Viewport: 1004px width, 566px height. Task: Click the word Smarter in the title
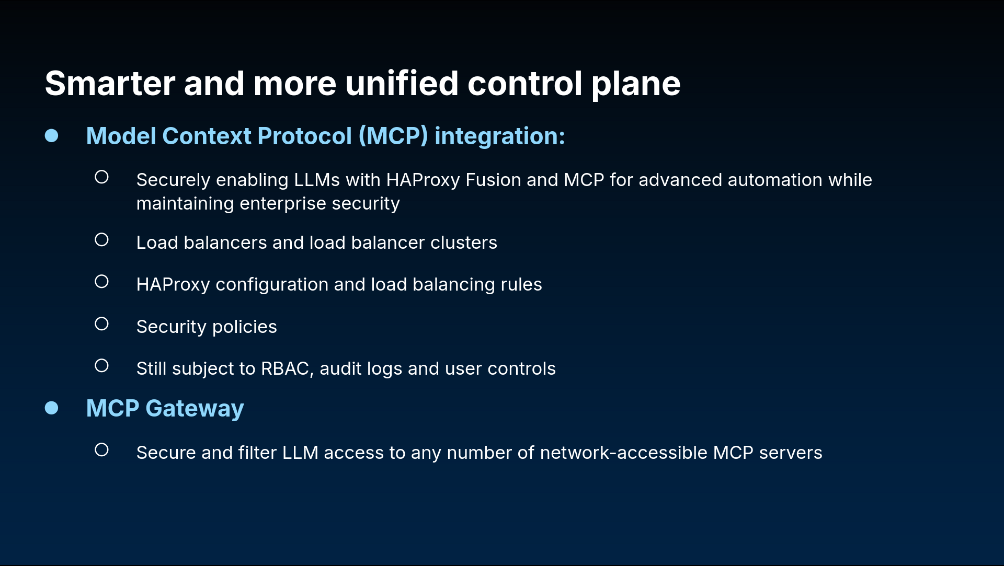pos(110,84)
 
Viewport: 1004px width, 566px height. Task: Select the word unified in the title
pos(402,84)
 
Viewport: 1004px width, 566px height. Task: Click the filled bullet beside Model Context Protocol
pos(51,135)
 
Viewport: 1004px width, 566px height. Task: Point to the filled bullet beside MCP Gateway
pos(51,408)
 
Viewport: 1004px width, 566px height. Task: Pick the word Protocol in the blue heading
pos(304,136)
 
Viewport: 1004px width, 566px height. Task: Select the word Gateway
pos(195,409)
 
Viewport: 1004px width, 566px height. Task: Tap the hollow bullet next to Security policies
pos(101,324)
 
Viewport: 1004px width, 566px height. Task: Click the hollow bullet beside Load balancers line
pos(101,240)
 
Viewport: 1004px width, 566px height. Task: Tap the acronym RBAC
pos(285,368)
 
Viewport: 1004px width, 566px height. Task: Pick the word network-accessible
pos(623,453)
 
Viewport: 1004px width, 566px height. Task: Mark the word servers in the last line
pos(791,453)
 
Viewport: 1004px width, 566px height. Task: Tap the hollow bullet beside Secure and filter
pos(101,450)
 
